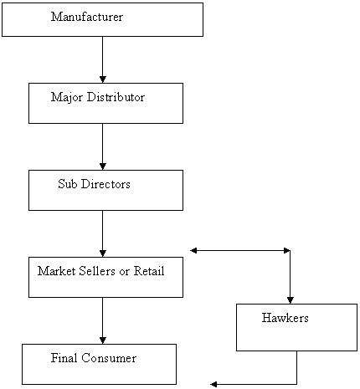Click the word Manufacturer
[87, 17]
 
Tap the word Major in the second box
[67, 98]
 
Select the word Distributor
[116, 97]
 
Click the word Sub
[68, 184]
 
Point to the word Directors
[105, 184]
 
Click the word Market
[57, 271]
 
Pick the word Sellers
[97, 271]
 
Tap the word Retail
[149, 271]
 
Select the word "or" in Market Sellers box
[125, 272]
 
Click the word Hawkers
[285, 318]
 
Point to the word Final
[64, 358]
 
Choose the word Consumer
[109, 358]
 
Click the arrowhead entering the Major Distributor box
[103, 79]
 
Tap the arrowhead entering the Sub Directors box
[103, 166]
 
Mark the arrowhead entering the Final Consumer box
[103, 340]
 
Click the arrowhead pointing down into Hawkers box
[291, 300]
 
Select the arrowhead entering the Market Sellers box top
[103, 253]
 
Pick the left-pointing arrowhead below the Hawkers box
[213, 385]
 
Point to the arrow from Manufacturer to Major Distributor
[103, 59]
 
